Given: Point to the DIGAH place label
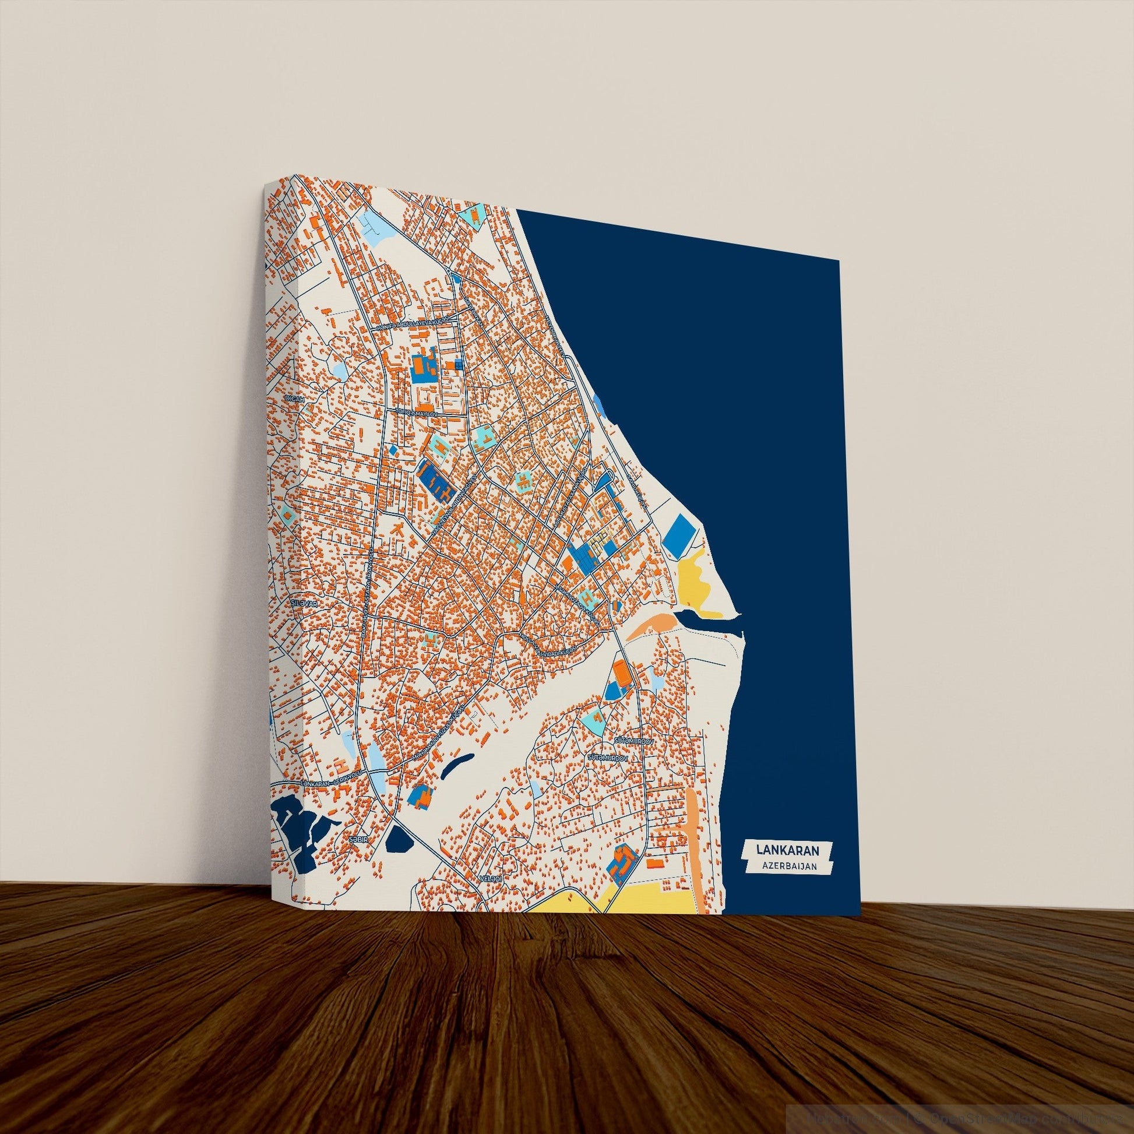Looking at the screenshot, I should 293,399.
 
